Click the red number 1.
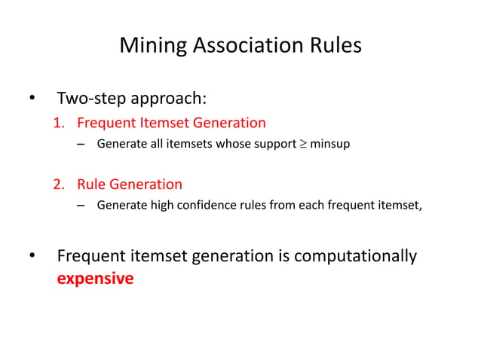pos(57,123)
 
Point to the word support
pos(271,144)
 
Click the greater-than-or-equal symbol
pos(303,144)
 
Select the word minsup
pos(330,144)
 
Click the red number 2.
pos(57,185)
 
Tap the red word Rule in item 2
pos(91,185)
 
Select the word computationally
pos(354,257)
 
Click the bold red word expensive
pos(96,279)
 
